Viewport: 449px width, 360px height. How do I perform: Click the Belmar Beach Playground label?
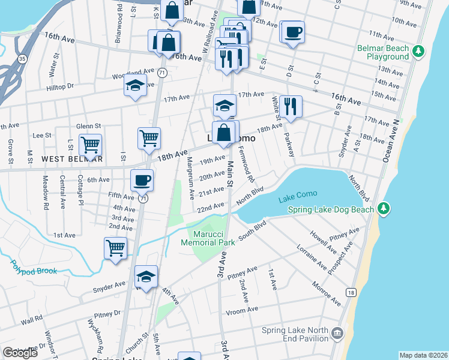point(383,53)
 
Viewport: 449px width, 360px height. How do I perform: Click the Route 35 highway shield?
point(22,59)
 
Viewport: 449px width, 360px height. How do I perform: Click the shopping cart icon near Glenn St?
point(90,144)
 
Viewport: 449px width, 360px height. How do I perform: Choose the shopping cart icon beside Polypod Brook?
point(115,247)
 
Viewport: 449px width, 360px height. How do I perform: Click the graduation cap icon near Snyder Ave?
point(146,276)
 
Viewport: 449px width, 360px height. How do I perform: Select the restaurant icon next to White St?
point(291,106)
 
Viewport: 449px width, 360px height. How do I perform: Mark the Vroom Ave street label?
point(243,309)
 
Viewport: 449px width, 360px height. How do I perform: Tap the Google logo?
point(20,353)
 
